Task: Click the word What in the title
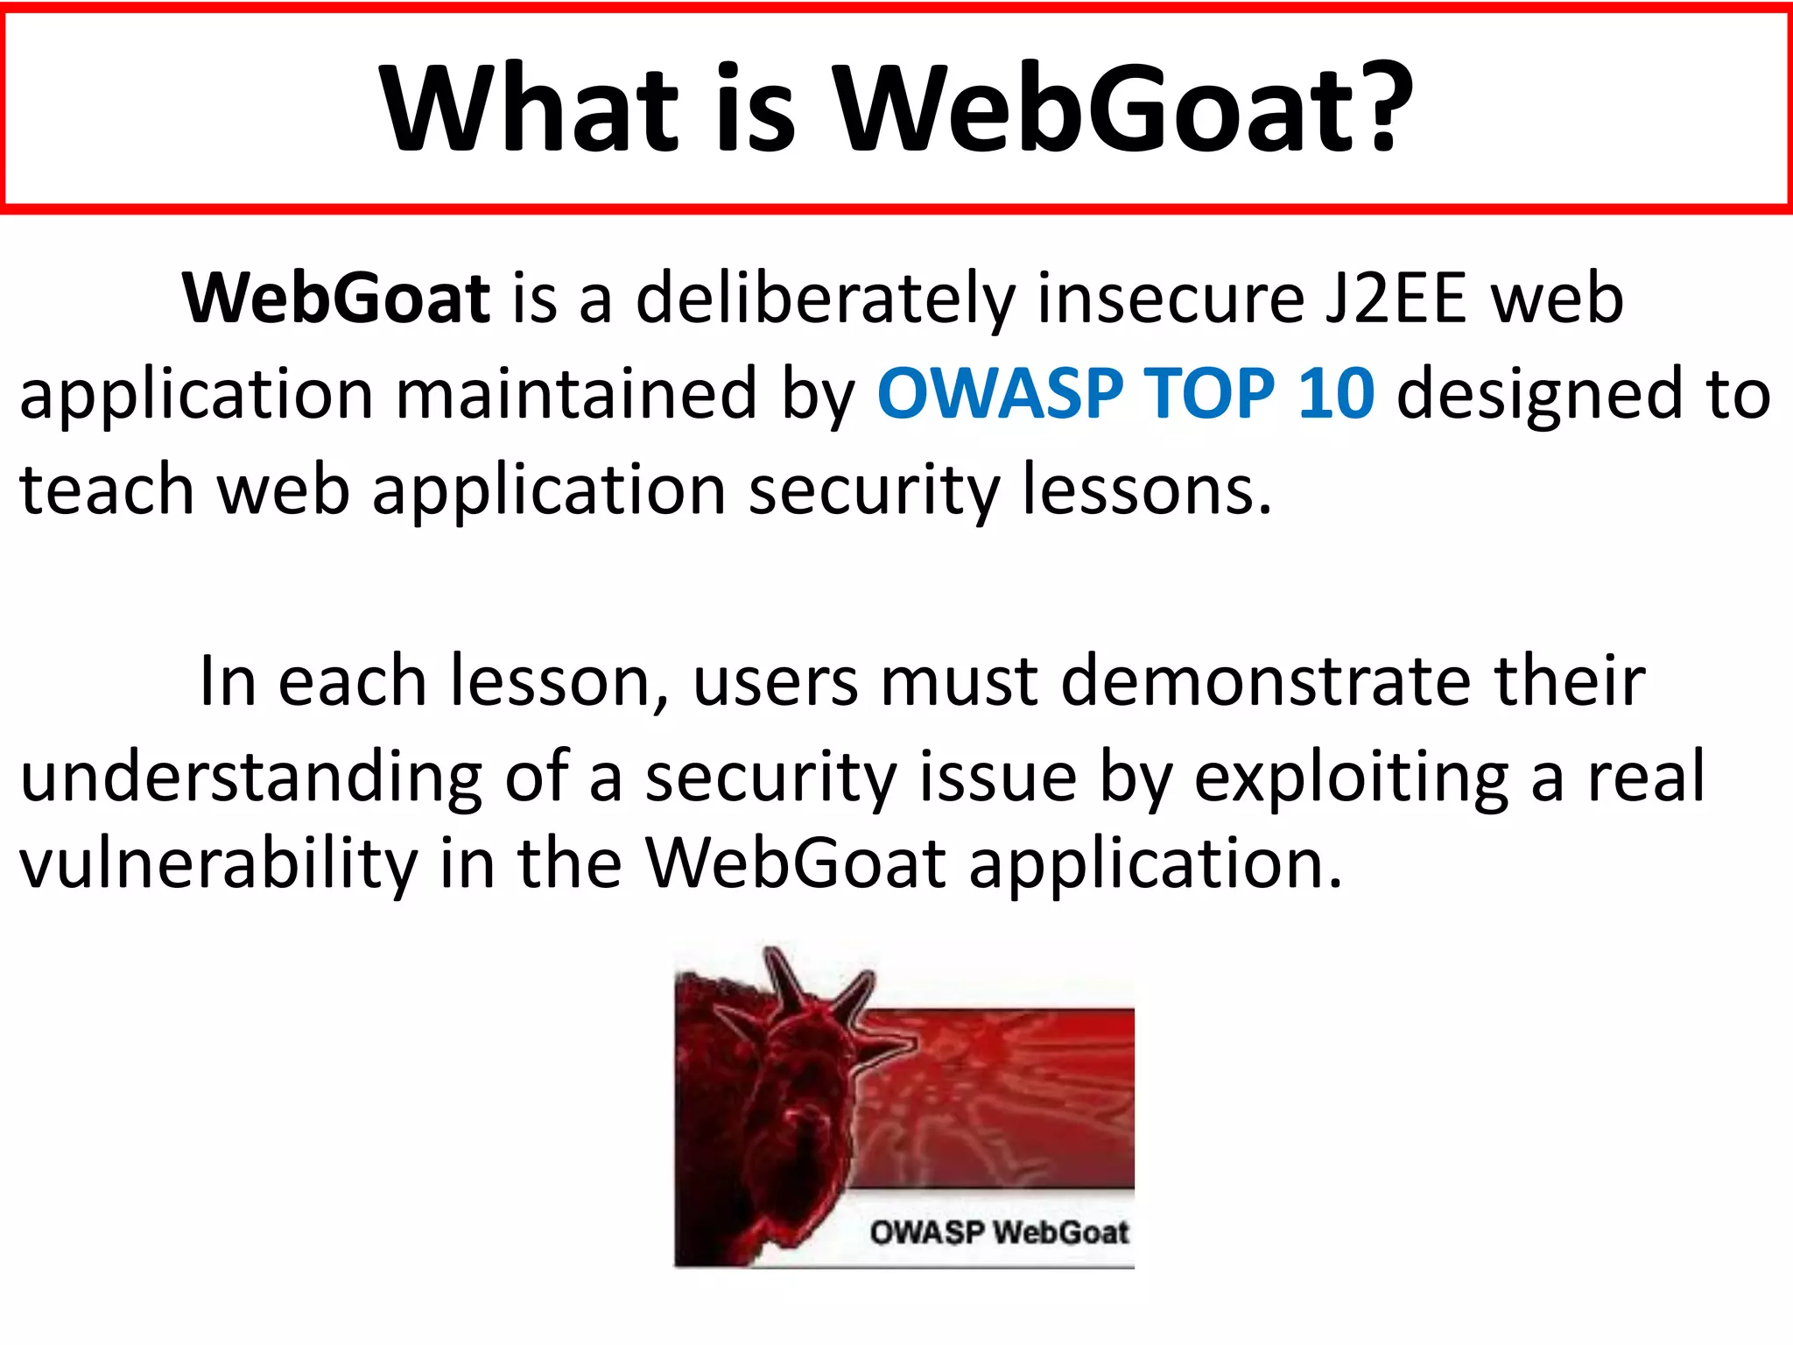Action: click(529, 109)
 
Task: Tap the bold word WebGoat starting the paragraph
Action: click(336, 299)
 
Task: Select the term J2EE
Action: click(1396, 299)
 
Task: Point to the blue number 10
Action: click(1336, 394)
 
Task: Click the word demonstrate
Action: click(1266, 681)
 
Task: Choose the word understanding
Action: click(251, 778)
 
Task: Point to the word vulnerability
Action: click(219, 865)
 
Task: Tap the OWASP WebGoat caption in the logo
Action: click(999, 1232)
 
